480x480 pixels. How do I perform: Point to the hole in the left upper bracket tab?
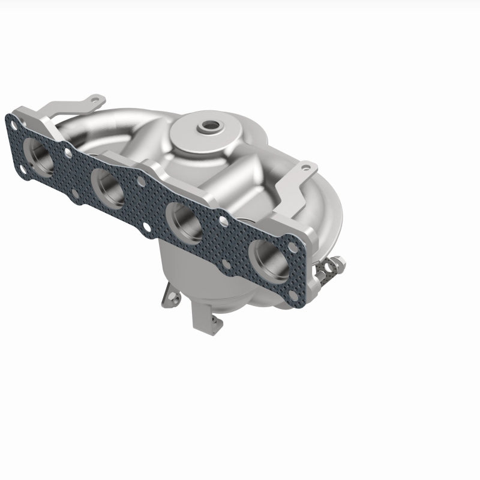93,98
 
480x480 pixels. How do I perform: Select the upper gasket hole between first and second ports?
68,152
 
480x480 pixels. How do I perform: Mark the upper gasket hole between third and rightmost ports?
224,222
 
